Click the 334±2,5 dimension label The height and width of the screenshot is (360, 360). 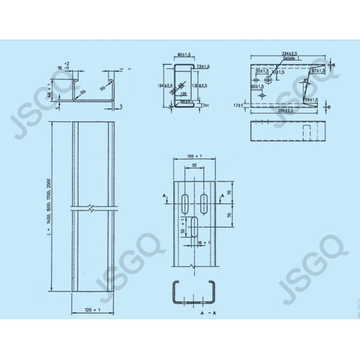pyautogui.click(x=289, y=54)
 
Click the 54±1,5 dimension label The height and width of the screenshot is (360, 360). pyautogui.click(x=313, y=100)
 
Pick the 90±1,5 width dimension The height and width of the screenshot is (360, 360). pyautogui.click(x=184, y=55)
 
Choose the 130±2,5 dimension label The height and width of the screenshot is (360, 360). pyautogui.click(x=197, y=86)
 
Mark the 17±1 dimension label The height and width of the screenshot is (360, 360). pyautogui.click(x=241, y=106)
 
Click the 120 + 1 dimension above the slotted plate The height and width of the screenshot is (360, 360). pyautogui.click(x=194, y=155)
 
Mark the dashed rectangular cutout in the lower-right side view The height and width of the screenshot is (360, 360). pyautogui.click(x=305, y=131)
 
